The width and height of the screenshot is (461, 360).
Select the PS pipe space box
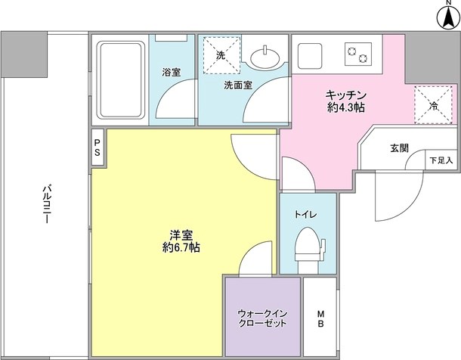(97, 147)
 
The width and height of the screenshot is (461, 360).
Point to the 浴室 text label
(171, 73)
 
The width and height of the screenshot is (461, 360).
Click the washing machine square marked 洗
(221, 55)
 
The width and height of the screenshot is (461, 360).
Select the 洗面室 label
(237, 85)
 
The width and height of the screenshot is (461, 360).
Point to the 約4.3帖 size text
(346, 108)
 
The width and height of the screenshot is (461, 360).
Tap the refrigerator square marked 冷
(434, 106)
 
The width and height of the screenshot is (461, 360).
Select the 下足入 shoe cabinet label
(441, 160)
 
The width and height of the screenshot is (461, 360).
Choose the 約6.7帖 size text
(181, 247)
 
